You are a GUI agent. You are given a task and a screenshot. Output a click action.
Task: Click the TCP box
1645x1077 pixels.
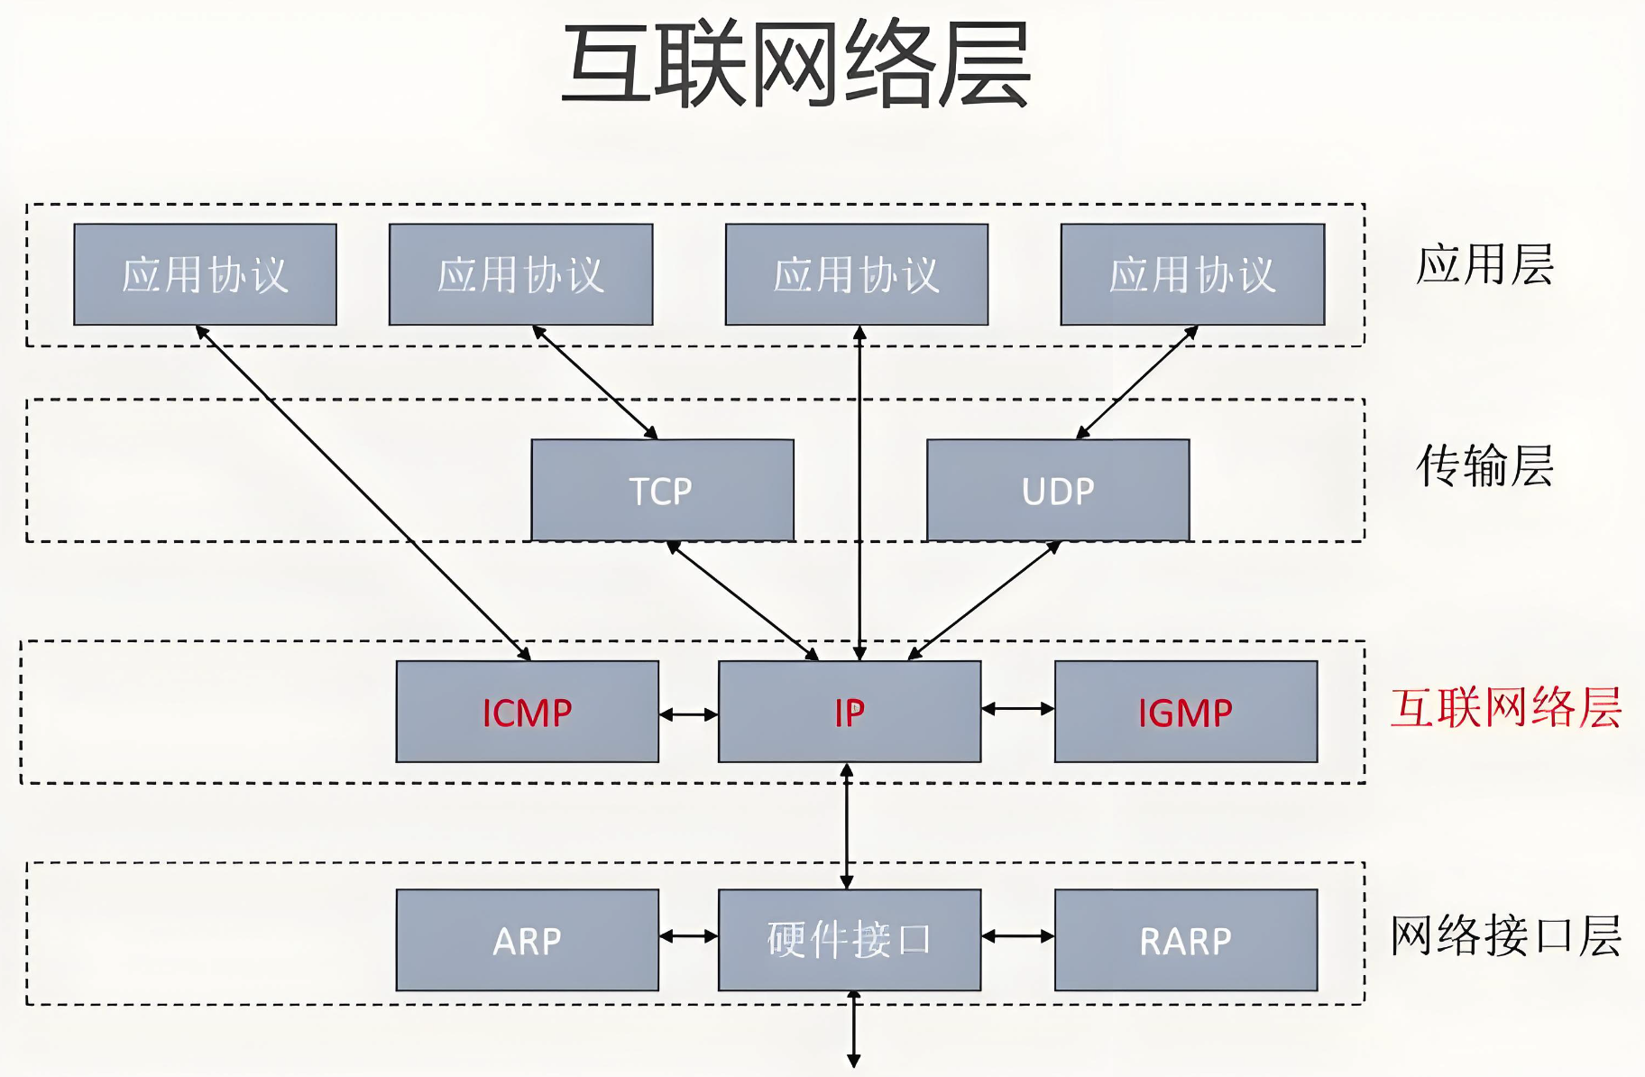point(662,490)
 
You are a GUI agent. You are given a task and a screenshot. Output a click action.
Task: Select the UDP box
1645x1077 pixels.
point(1058,490)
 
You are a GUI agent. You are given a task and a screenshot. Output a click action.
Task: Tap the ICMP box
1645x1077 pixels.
point(527,712)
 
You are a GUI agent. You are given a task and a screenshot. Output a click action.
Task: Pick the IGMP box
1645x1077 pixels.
point(1185,712)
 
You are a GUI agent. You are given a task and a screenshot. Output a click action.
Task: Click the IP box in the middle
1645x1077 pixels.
point(849,712)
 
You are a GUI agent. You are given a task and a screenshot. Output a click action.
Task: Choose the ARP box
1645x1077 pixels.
point(527,940)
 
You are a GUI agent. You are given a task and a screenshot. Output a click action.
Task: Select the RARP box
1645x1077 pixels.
point(1185,940)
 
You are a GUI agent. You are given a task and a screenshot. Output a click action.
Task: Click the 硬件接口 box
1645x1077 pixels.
point(849,940)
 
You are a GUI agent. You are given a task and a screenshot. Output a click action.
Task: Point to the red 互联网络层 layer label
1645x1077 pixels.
point(1505,707)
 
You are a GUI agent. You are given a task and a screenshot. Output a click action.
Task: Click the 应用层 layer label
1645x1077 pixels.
point(1484,264)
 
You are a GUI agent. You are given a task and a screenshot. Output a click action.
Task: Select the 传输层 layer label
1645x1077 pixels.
point(1484,465)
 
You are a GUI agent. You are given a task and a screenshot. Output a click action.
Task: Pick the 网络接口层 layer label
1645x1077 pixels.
point(1505,935)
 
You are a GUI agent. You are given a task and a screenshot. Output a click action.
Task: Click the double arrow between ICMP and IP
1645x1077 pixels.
point(688,714)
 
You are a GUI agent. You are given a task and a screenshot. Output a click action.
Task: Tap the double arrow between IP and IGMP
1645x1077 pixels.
point(1017,709)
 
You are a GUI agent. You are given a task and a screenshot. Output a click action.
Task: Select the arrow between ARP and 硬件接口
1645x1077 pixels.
point(688,936)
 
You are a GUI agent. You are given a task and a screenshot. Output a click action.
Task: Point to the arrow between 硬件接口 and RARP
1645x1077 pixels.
point(1017,936)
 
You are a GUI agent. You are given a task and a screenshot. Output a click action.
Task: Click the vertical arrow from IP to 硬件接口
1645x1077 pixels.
point(846,825)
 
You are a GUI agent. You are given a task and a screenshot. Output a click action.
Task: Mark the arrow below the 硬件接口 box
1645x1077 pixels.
point(853,1028)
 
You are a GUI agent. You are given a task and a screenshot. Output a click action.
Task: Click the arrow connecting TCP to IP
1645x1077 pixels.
point(742,601)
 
